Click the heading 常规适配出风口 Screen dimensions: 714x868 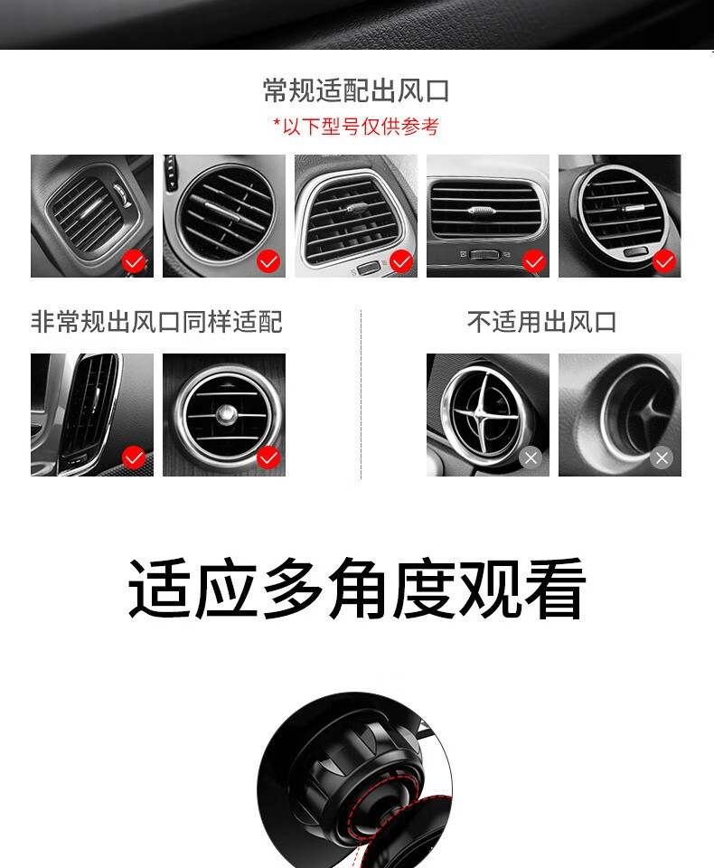coord(356,90)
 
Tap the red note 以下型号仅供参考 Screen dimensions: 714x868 coord(361,127)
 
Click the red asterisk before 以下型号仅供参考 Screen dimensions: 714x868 coord(277,123)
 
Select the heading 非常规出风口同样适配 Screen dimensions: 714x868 coord(156,322)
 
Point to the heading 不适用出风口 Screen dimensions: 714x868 coord(542,322)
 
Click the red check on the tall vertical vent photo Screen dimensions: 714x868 coord(134,458)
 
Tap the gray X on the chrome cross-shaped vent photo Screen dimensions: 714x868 coord(531,458)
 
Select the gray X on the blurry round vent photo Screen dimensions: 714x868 coord(662,458)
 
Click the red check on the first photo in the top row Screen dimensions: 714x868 coord(134,261)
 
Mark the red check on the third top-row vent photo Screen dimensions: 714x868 coord(401,261)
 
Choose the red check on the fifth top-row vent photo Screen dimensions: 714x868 coord(664,261)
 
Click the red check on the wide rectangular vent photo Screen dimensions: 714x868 coord(534,261)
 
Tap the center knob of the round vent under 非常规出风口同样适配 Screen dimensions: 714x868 coord(226,413)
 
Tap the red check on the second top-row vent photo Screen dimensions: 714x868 coord(268,261)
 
